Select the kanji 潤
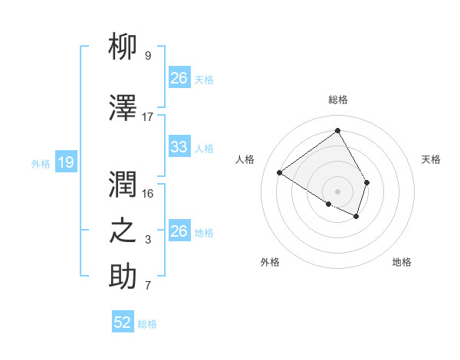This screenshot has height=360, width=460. (123, 185)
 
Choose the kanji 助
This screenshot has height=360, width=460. (123, 277)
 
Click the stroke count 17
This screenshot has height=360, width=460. (148, 117)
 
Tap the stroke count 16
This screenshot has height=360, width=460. (148, 194)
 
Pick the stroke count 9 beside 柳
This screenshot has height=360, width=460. (148, 56)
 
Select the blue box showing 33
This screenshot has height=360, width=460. (179, 147)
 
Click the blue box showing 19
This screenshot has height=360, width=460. (65, 162)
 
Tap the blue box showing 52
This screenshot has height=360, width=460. (123, 322)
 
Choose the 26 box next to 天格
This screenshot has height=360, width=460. (179, 78)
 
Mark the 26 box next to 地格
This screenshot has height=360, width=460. (179, 231)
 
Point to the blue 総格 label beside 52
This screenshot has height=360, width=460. (147, 324)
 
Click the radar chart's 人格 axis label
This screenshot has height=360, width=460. (245, 159)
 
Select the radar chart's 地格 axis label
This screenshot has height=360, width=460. (402, 262)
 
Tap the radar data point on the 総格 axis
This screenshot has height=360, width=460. (337, 131)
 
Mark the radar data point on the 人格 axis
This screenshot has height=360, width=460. (280, 172)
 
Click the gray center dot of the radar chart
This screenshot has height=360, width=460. (337, 191)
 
